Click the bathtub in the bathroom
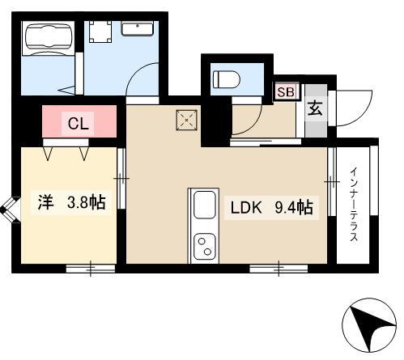coord(47,38)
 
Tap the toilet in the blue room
coord(226,80)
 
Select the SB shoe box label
coord(287,91)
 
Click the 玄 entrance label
coord(315,109)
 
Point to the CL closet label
coord(79,124)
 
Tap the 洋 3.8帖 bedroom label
coord(70,202)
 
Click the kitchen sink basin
coord(203,206)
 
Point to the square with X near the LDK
coord(185,121)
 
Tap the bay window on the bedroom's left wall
coord(8,210)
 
